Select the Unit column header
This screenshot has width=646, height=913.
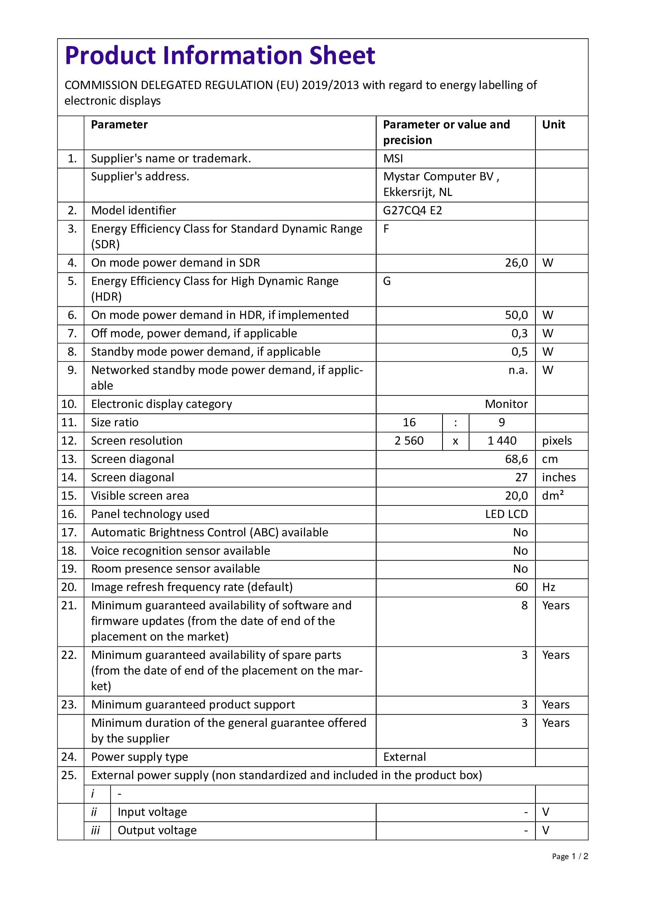pyautogui.click(x=553, y=125)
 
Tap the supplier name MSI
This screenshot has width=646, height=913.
pyautogui.click(x=393, y=158)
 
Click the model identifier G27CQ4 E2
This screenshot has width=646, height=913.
pyautogui.click(x=412, y=210)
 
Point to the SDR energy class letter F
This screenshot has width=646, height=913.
pyautogui.click(x=386, y=229)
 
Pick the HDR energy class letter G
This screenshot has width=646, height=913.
pyautogui.click(x=387, y=281)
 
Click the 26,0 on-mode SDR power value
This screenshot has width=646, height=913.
pyautogui.click(x=516, y=263)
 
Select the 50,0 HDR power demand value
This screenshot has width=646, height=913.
pyautogui.click(x=516, y=315)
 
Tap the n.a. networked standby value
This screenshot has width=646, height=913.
pyautogui.click(x=518, y=370)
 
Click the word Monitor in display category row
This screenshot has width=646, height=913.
pyautogui.click(x=506, y=404)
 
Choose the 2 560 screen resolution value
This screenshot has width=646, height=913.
pyautogui.click(x=409, y=441)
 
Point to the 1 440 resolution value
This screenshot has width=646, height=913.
pyautogui.click(x=502, y=441)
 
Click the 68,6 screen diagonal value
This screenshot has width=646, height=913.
pyautogui.click(x=516, y=459)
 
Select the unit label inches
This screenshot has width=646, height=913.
pyautogui.click(x=559, y=477)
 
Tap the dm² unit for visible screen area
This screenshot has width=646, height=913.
pyautogui.click(x=553, y=495)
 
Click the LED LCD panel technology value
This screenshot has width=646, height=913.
pyautogui.click(x=506, y=514)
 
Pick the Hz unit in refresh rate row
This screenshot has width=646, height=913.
pyautogui.click(x=548, y=587)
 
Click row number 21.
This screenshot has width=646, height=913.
pyautogui.click(x=69, y=605)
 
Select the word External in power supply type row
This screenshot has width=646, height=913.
pyautogui.click(x=405, y=757)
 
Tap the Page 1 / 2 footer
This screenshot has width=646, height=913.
pyautogui.click(x=569, y=856)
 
